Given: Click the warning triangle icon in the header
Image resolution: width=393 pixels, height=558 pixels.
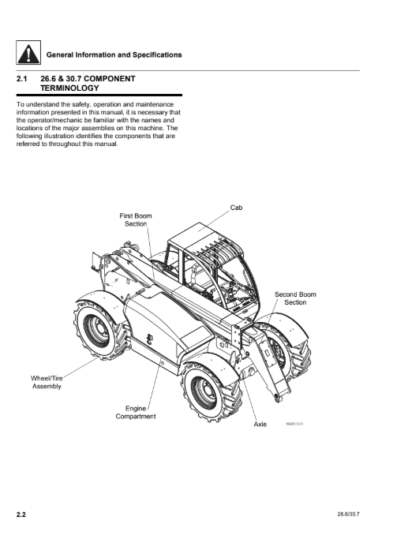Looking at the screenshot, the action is point(28,52).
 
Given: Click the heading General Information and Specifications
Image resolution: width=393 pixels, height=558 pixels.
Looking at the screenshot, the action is point(114,54).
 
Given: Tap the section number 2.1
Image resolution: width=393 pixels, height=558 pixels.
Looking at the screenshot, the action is point(22,79).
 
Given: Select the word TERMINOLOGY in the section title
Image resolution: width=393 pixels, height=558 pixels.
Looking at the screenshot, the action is point(69,88).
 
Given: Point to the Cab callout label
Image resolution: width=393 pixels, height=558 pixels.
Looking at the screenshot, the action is point(236,208).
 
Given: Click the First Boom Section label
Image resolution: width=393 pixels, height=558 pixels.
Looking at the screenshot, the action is point(136,219).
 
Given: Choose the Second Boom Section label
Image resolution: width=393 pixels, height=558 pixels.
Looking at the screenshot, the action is point(295,298).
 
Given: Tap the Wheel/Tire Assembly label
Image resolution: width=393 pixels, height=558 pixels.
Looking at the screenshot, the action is point(47,382).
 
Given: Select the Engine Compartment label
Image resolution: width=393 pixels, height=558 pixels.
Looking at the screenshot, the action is point(136,412).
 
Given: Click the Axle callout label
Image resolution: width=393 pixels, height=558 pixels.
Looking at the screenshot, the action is point(260,424).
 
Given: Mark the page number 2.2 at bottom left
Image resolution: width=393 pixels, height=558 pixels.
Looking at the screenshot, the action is point(21,515).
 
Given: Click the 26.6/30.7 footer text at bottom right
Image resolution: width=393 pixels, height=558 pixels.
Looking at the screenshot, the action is point(349,515).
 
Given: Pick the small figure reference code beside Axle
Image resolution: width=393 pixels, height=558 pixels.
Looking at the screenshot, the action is point(294,424).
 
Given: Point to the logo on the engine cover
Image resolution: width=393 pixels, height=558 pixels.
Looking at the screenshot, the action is point(151,338).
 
